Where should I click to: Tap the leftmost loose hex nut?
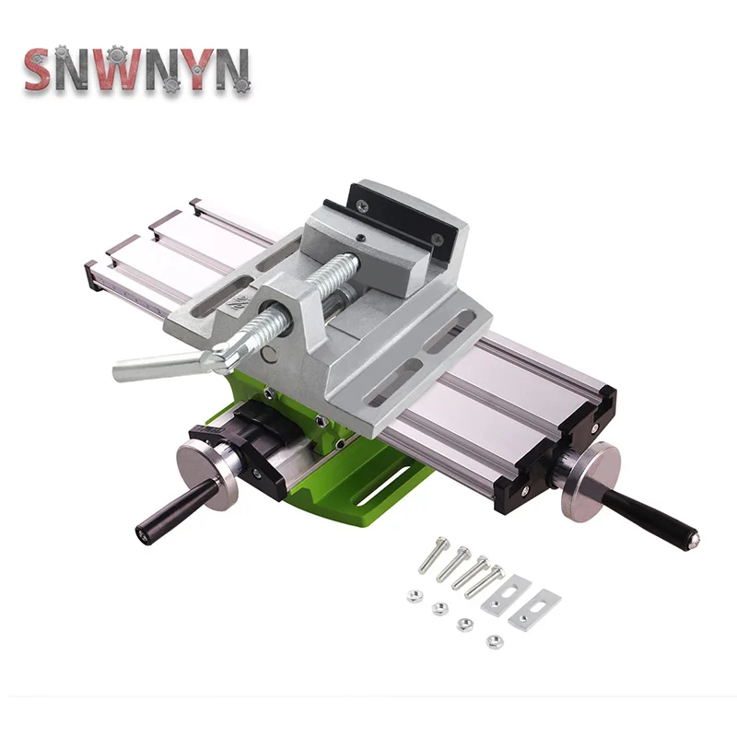click(414, 596)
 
